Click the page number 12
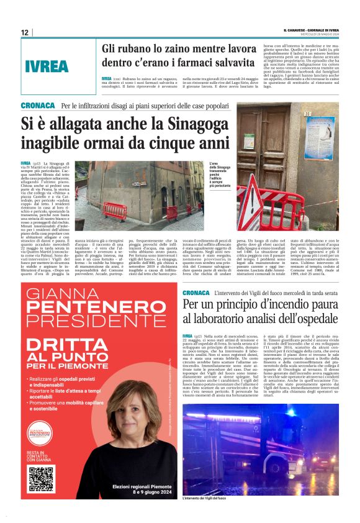pos(25,32)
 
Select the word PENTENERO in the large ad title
pos(90,308)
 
